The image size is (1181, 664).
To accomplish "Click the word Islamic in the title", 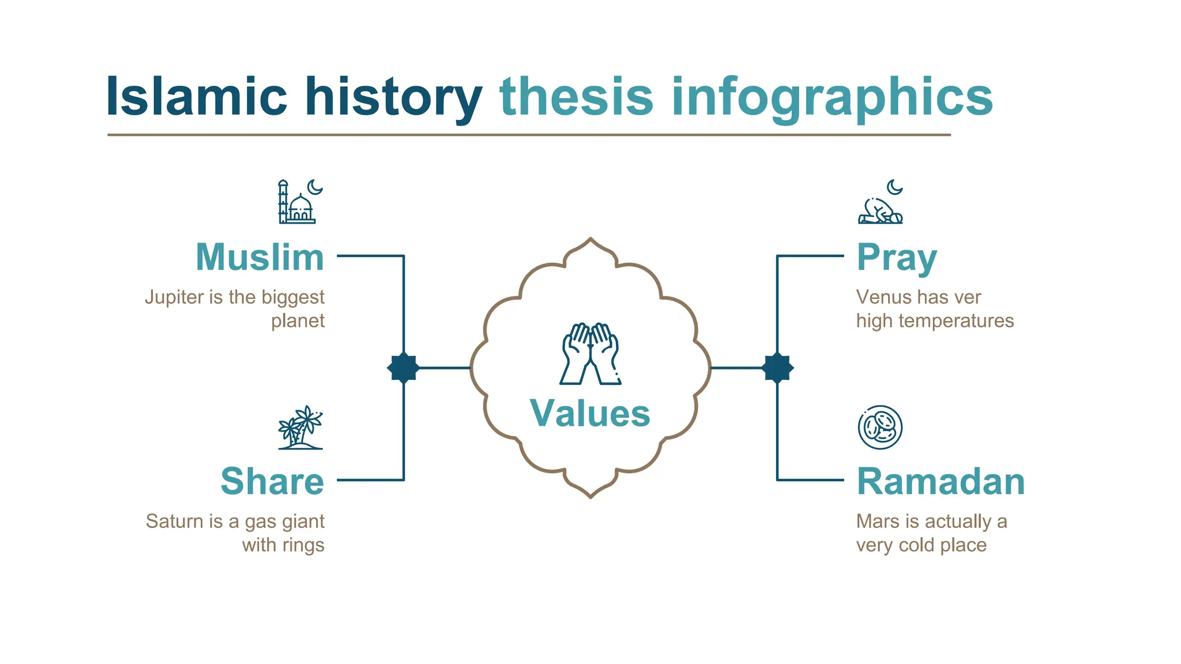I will pos(196,97).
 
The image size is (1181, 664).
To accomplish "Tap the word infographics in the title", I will pos(832,97).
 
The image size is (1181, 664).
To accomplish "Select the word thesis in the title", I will pos(576,97).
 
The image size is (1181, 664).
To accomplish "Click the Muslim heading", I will pos(259,257).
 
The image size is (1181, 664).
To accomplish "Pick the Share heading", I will pos(272,481).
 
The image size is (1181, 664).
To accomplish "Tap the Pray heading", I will pos(896,257).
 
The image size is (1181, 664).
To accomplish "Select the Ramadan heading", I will pos(941,481).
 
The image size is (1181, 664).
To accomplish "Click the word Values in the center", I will pos(590,413).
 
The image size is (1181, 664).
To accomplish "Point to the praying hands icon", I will pos(590,353).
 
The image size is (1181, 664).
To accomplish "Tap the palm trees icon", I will pos(300,428).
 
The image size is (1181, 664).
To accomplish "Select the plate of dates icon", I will pos(880,427).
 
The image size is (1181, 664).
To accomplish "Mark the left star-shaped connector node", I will pos(403,368).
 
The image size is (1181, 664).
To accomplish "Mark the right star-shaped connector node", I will pos(777,368).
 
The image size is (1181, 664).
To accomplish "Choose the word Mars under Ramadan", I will pos(878,521).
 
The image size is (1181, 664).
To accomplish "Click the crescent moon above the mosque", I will pos(314,187).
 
